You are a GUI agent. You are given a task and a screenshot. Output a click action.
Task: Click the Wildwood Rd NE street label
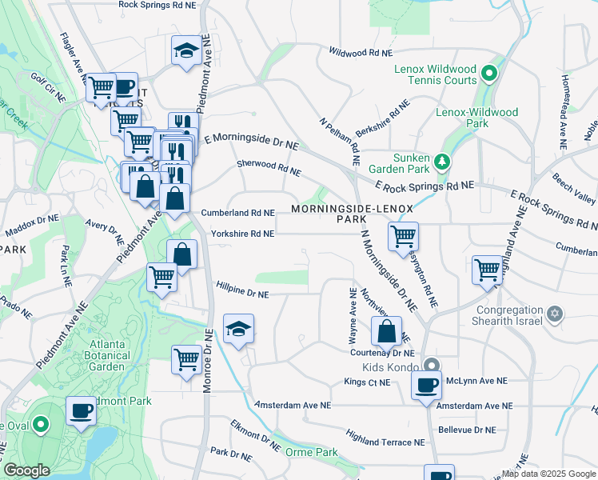[361, 52]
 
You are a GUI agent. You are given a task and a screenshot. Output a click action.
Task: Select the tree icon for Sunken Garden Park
[442, 162]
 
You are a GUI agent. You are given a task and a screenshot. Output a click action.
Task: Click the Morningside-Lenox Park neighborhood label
[352, 214]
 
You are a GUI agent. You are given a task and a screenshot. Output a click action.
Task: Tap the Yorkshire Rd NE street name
[242, 234]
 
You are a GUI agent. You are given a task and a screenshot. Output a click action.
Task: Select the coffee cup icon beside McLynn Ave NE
[426, 385]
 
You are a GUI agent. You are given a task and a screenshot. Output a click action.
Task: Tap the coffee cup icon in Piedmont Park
[81, 411]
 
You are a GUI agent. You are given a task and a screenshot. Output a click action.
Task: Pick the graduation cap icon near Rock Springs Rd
[186, 51]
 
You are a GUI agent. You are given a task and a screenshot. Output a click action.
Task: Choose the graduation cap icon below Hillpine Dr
[238, 329]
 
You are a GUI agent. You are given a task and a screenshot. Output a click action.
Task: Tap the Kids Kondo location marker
[433, 365]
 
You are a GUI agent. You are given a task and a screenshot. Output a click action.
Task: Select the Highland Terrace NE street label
[385, 437]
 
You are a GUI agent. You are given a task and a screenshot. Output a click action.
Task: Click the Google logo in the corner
[26, 470]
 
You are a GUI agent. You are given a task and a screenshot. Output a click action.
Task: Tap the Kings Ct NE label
[367, 382]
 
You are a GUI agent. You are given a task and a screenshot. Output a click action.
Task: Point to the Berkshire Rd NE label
[382, 122]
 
